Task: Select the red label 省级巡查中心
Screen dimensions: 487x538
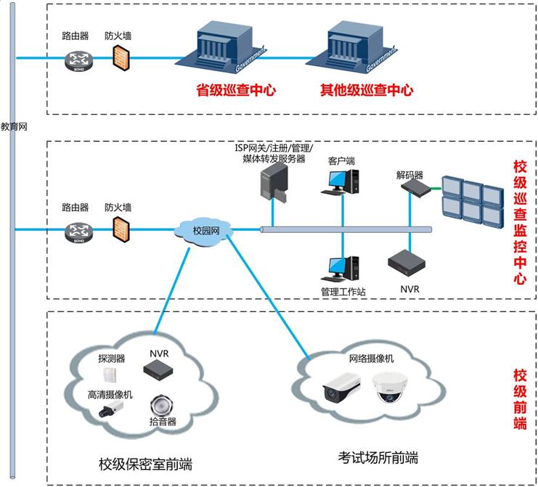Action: tap(237, 91)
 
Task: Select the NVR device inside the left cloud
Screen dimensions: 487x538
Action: tap(159, 371)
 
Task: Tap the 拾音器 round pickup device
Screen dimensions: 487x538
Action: tap(160, 405)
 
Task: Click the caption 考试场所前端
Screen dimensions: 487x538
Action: tap(378, 458)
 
